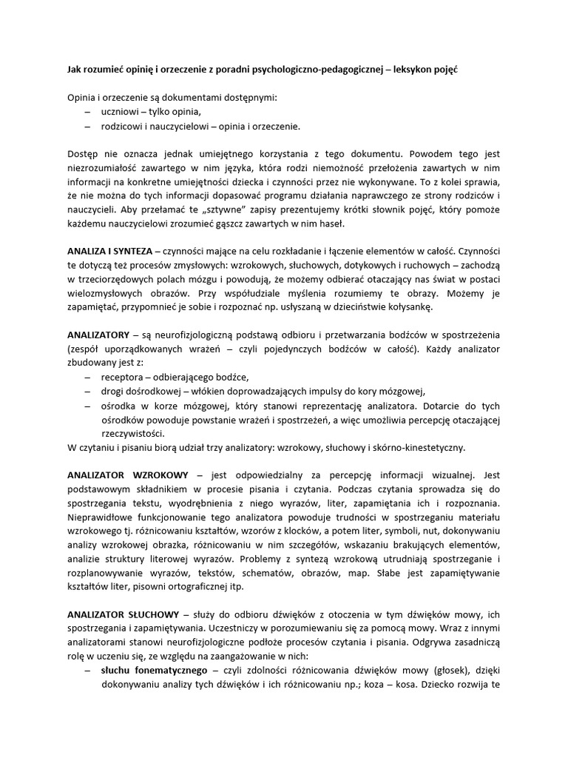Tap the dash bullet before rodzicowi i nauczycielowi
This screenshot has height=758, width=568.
click(89, 127)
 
